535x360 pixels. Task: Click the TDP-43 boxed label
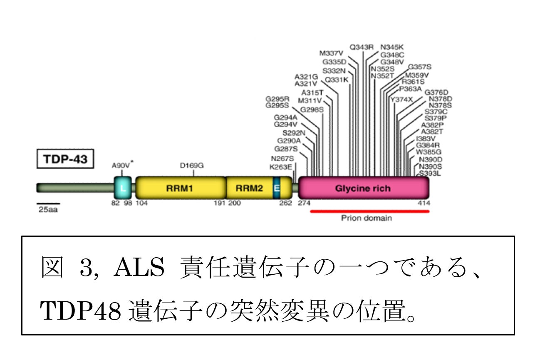64,159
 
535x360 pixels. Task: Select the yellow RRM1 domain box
180,188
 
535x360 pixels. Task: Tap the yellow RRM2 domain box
249,188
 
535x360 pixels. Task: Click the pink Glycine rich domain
363,188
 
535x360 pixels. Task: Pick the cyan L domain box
123,188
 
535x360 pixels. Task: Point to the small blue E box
276,188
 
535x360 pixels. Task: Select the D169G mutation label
191,165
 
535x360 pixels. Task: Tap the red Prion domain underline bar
369,211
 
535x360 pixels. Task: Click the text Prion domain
366,218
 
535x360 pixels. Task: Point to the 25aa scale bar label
48,210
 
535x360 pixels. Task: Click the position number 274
305,203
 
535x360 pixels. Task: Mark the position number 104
142,203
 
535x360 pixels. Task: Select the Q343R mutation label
362,47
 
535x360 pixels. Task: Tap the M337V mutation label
332,53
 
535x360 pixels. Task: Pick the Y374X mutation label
401,99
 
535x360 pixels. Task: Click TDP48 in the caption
79,311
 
